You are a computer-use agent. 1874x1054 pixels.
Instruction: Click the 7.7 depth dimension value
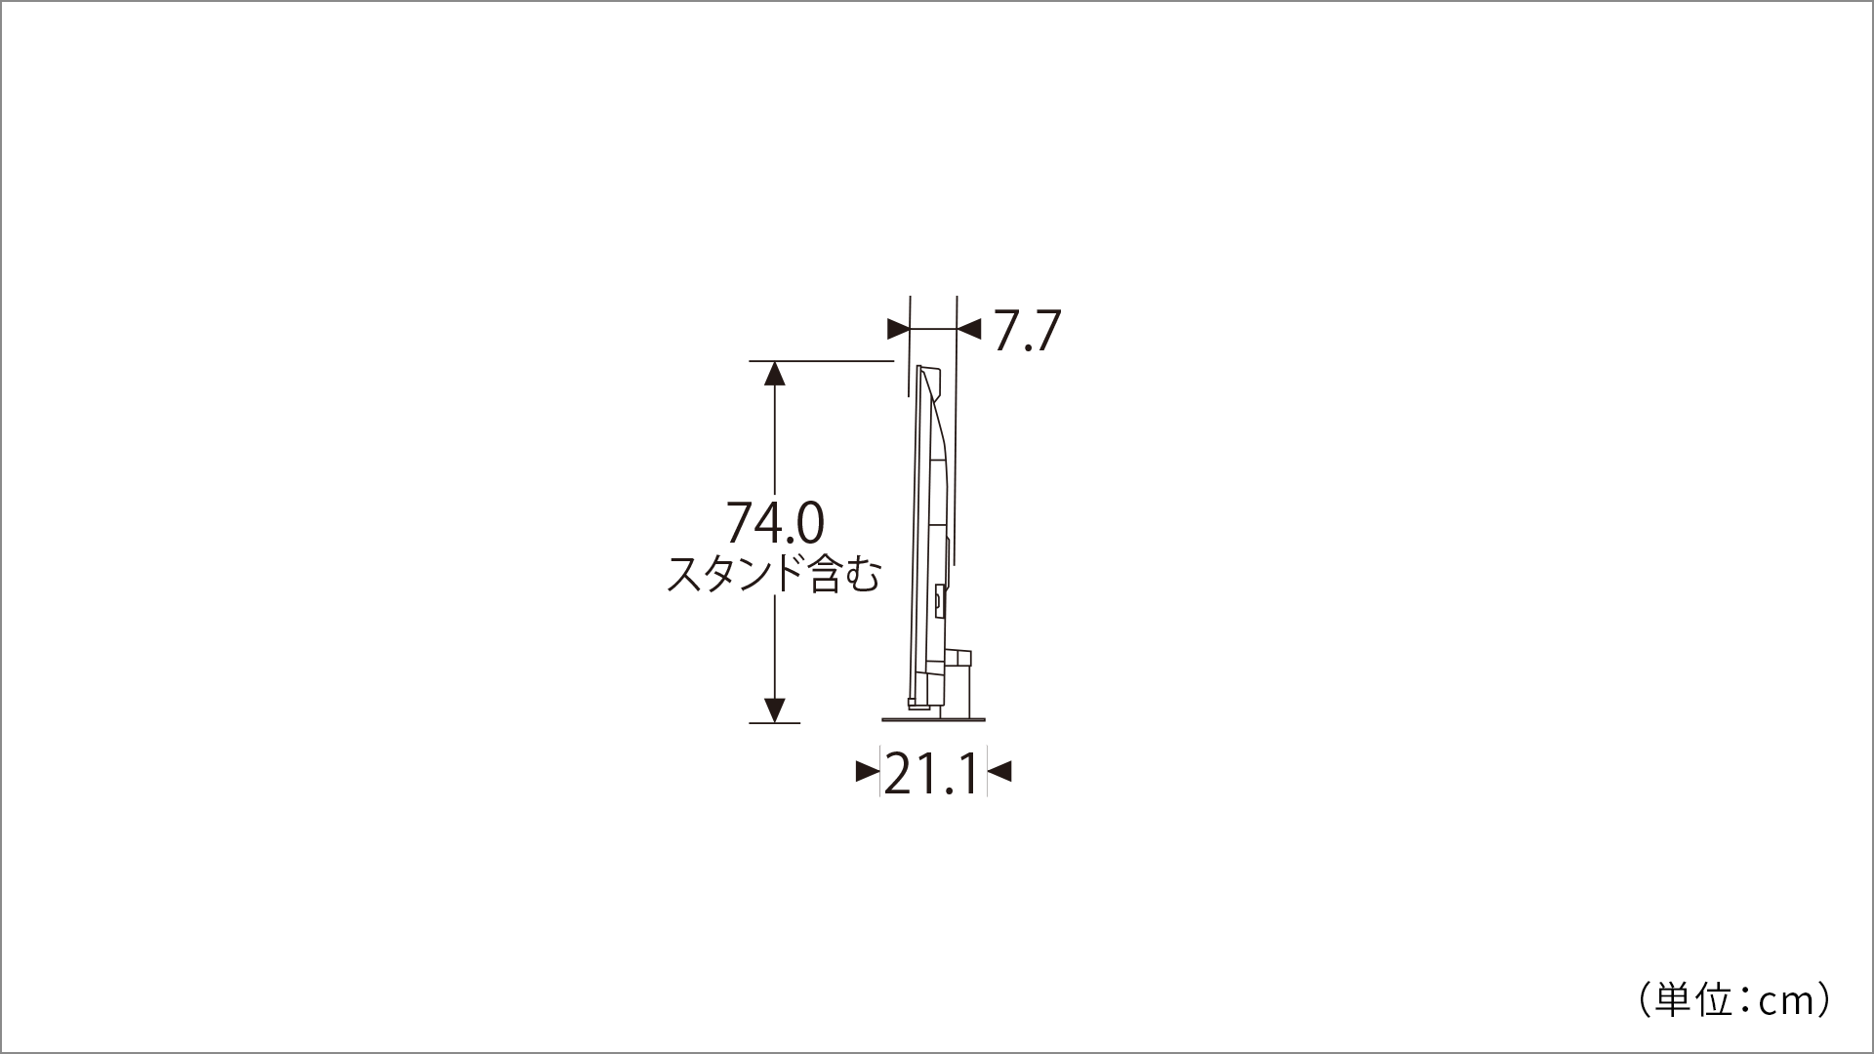click(1027, 331)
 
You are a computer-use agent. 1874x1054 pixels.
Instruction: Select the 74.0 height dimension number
click(775, 523)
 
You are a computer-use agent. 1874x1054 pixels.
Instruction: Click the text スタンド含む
click(773, 575)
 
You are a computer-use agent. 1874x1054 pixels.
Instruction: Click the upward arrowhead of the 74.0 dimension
click(775, 373)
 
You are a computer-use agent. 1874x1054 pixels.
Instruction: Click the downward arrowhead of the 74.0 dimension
click(775, 710)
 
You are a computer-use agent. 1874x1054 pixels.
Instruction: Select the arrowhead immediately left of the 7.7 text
click(969, 329)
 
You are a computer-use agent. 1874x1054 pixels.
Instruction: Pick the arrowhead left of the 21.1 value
click(868, 772)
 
